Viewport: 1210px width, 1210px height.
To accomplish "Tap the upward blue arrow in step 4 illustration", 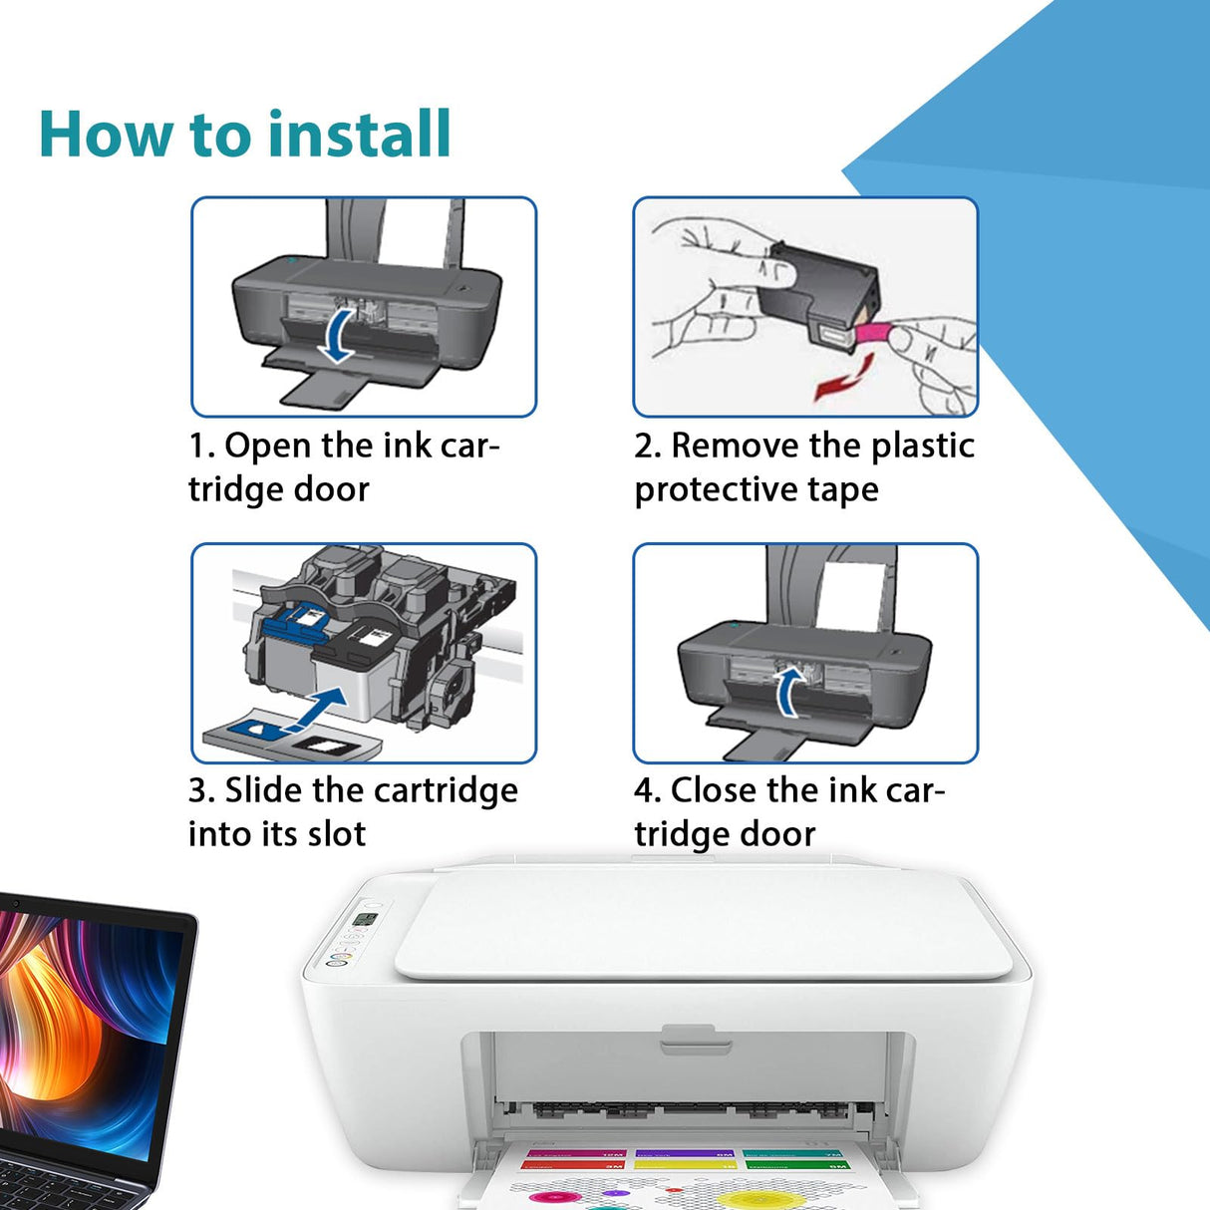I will pyautogui.click(x=789, y=692).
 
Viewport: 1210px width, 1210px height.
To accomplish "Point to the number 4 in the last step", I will pyautogui.click(x=645, y=790).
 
